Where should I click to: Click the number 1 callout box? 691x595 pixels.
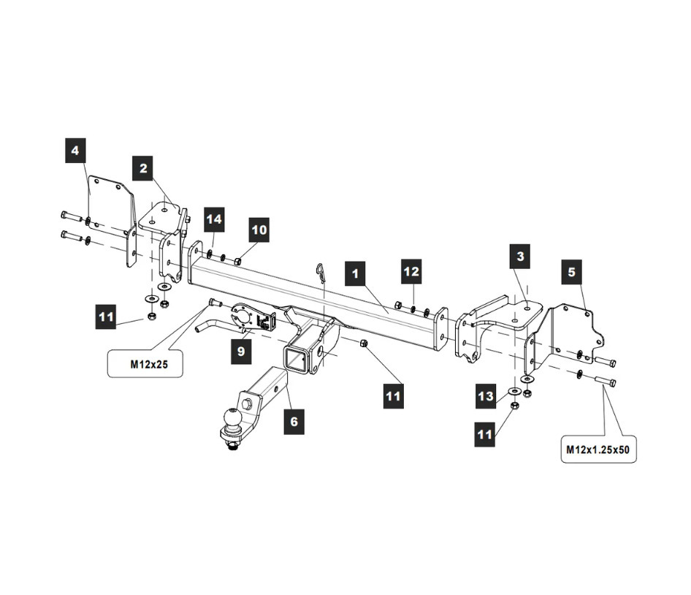(355, 273)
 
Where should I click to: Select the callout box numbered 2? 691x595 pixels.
(142, 168)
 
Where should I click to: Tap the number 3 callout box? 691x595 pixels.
(520, 257)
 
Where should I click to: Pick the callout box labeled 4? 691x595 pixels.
(75, 151)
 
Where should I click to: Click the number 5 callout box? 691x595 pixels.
(572, 272)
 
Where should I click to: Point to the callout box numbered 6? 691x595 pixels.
(294, 422)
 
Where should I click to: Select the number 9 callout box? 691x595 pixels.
(241, 351)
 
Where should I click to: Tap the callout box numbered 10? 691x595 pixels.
(259, 230)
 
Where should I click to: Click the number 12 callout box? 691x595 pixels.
(411, 271)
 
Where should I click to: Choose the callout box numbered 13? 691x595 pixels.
(485, 395)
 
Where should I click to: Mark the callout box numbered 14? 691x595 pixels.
(214, 219)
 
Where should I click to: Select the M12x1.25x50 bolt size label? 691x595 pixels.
(598, 450)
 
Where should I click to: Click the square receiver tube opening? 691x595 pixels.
(294, 357)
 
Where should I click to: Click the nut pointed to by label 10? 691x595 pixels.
(237, 261)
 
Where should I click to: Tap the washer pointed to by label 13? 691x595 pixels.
(514, 390)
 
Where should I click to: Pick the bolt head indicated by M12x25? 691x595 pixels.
(212, 303)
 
